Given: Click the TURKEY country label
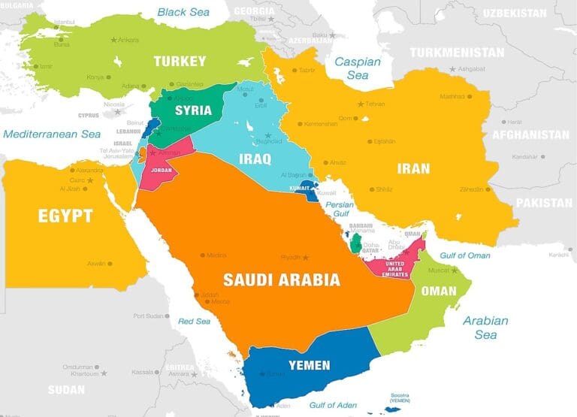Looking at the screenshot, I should coord(180,61).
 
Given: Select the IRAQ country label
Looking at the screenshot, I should coord(255,159).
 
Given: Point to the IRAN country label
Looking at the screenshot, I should coord(413,168).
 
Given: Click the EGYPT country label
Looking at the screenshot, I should coord(65,216).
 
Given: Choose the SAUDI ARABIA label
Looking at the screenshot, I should coord(281,280).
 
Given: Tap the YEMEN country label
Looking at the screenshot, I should coord(309,365).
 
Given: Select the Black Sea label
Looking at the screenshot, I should coord(183,12).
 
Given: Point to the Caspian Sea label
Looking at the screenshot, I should coord(357,68).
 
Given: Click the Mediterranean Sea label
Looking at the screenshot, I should coord(51,134).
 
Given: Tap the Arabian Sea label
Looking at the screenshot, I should coord(485,328).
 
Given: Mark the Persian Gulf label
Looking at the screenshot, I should coord(339,209).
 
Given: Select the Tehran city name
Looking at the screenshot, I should coord(375,103).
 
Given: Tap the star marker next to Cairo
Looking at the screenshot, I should coord(91,180).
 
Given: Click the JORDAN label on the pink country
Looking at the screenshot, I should coord(162,170).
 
